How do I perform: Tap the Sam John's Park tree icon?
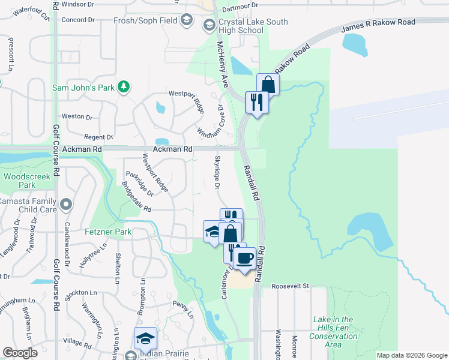(124, 87)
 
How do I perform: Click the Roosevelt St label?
(289, 286)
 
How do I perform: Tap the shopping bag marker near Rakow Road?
(268, 84)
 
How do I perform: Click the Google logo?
(20, 353)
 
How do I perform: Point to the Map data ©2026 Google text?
(412, 355)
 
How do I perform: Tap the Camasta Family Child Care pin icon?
(66, 205)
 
